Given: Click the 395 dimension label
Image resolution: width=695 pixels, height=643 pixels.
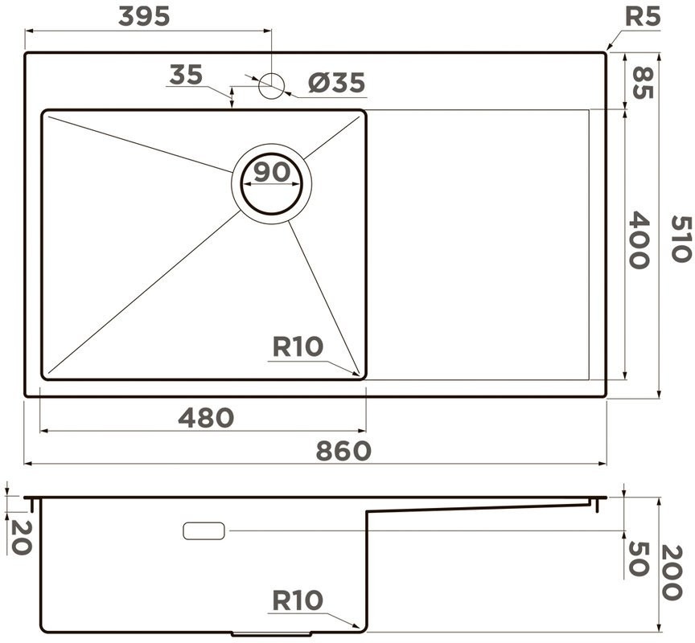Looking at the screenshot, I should pyautogui.click(x=145, y=16).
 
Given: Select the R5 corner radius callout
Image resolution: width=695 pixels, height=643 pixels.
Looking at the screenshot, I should pyautogui.click(x=643, y=17).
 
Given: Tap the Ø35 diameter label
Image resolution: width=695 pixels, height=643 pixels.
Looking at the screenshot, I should pyautogui.click(x=337, y=82).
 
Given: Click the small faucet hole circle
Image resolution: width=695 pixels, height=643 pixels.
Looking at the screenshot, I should pyautogui.click(x=272, y=84).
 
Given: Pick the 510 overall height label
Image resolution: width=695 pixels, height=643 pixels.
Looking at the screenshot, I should pyautogui.click(x=680, y=239).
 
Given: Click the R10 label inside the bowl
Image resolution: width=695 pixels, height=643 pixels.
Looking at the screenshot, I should pyautogui.click(x=298, y=346).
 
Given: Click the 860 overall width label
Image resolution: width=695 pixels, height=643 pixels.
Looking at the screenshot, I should pyautogui.click(x=343, y=451).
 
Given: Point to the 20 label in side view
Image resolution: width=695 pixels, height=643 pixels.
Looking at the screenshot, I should pyautogui.click(x=21, y=535).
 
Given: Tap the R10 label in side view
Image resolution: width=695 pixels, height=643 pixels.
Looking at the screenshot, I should pyautogui.click(x=297, y=600).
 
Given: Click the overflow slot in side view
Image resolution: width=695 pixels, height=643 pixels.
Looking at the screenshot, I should pyautogui.click(x=204, y=530).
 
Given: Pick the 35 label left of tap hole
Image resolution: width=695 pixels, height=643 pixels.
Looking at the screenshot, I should pyautogui.click(x=186, y=75).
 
